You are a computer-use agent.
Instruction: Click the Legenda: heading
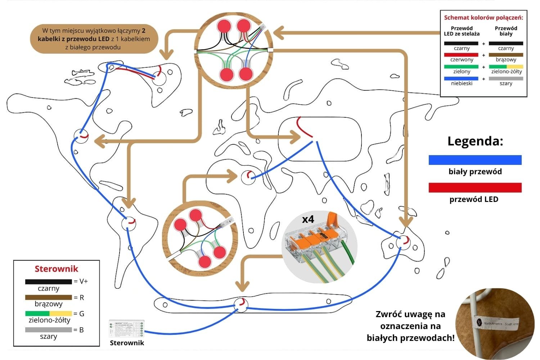point(475,141)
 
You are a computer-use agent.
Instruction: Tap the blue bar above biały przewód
point(475,160)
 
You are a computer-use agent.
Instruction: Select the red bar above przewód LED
point(475,188)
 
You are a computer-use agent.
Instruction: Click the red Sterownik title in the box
point(56,269)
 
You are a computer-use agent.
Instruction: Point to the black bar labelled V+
point(49,282)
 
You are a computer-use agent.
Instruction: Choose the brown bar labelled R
point(49,298)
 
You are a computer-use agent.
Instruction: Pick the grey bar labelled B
point(49,330)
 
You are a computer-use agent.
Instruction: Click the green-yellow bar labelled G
point(49,314)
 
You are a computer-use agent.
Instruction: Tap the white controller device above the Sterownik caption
point(127,328)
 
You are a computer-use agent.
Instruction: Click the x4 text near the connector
point(308,219)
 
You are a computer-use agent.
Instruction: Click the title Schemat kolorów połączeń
point(483,18)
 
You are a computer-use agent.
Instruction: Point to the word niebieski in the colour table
point(462,84)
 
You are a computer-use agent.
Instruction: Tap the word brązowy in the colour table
point(506,60)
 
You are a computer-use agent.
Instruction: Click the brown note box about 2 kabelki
point(94,39)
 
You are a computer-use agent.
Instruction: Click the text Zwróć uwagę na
point(410,314)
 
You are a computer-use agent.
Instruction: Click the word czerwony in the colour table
point(462,60)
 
